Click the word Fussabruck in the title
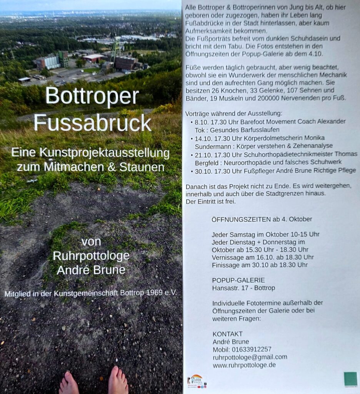pos(92,123)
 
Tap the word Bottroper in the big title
pos(92,97)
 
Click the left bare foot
pos(69,383)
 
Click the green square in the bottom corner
pos(350,379)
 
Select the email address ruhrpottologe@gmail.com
pos(250,357)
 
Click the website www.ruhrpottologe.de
pos(244,365)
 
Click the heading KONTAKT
pos(227,334)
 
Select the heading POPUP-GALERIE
pos(238,280)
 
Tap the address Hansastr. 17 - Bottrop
pos(243,288)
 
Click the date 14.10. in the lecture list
pos(203,138)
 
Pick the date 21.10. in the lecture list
pos(203,154)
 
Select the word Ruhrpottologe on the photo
pos(91,256)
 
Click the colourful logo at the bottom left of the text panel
pos(197,381)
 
